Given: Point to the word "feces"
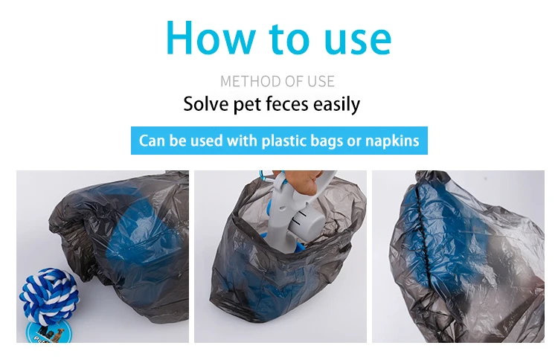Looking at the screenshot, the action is tap(287, 104).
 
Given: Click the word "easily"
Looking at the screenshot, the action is tap(336, 105).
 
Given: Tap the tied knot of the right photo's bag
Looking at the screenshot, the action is tap(426, 177).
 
